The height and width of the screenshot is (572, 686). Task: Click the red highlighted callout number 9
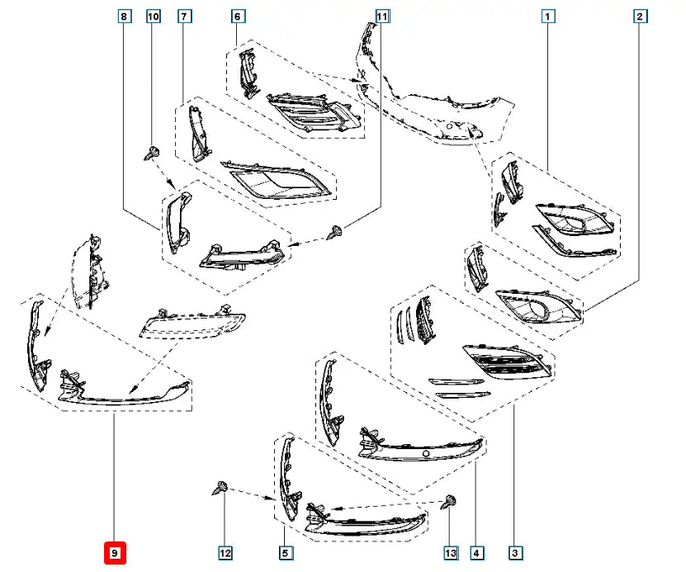pyautogui.click(x=115, y=553)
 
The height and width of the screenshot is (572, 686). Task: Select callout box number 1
pyautogui.click(x=548, y=17)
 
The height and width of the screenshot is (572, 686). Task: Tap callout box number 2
pyautogui.click(x=640, y=17)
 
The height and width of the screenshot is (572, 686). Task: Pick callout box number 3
pyautogui.click(x=515, y=553)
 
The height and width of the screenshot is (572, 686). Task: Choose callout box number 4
pyautogui.click(x=476, y=553)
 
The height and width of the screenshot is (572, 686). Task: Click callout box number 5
pyautogui.click(x=285, y=553)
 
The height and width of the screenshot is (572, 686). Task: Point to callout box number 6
pyautogui.click(x=238, y=17)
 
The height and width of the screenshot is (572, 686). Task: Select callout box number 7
pyautogui.click(x=184, y=17)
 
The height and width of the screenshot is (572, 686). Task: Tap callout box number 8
pyautogui.click(x=125, y=17)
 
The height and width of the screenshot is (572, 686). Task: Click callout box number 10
pyautogui.click(x=153, y=17)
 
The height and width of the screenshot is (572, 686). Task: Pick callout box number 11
pyautogui.click(x=382, y=17)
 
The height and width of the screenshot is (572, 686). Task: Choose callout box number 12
pyautogui.click(x=225, y=553)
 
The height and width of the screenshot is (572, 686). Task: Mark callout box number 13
pyautogui.click(x=451, y=553)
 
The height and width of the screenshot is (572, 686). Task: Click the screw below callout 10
pyautogui.click(x=151, y=154)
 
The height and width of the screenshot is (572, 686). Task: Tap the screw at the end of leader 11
pyautogui.click(x=335, y=232)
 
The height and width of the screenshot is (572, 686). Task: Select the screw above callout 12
pyautogui.click(x=220, y=487)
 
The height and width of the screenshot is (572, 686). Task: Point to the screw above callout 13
pyautogui.click(x=448, y=501)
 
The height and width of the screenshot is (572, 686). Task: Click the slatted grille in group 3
pyautogui.click(x=508, y=362)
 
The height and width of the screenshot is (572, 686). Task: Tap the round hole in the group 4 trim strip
pyautogui.click(x=425, y=453)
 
